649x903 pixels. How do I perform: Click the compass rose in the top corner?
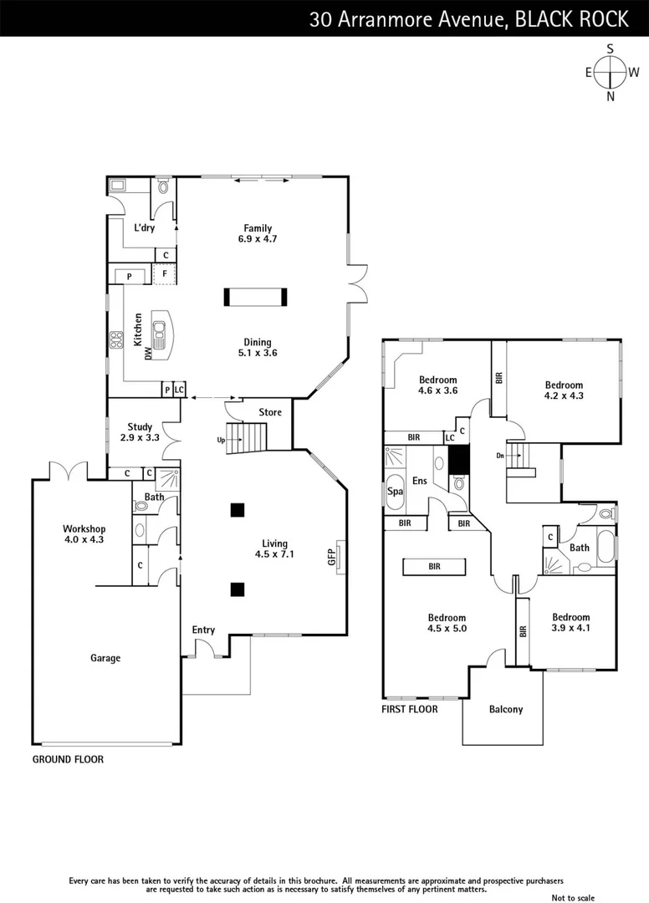coord(611,72)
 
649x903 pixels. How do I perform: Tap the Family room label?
coord(258,233)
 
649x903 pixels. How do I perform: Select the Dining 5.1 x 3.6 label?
coord(257,347)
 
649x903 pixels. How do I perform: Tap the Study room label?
coord(140,432)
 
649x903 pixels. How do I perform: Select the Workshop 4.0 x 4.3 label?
coord(84,534)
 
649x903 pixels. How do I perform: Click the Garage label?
coord(105,658)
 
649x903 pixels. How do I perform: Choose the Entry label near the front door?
coord(203,630)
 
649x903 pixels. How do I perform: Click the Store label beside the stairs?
coord(270,412)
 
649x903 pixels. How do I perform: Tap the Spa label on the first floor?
coord(395,492)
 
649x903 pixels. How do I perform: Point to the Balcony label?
coord(505,709)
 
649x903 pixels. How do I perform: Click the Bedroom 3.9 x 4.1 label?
coord(570,622)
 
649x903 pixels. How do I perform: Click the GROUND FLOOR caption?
coord(68,760)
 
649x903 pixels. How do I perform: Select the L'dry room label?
coord(144,227)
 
